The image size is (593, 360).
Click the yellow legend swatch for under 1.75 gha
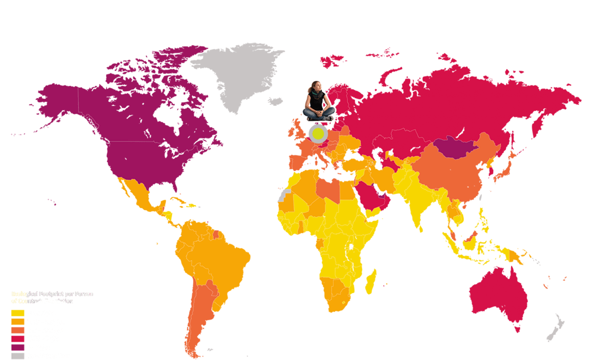tap(18, 313)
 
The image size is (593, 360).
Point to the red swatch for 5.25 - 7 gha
tap(18, 339)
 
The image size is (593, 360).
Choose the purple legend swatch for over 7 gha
tap(18, 347)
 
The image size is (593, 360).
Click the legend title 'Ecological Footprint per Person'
tap(52, 294)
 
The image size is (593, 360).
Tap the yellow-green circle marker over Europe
tap(318, 133)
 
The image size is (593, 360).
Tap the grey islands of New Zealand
tap(556, 329)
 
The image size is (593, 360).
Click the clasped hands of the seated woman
tap(320, 113)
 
